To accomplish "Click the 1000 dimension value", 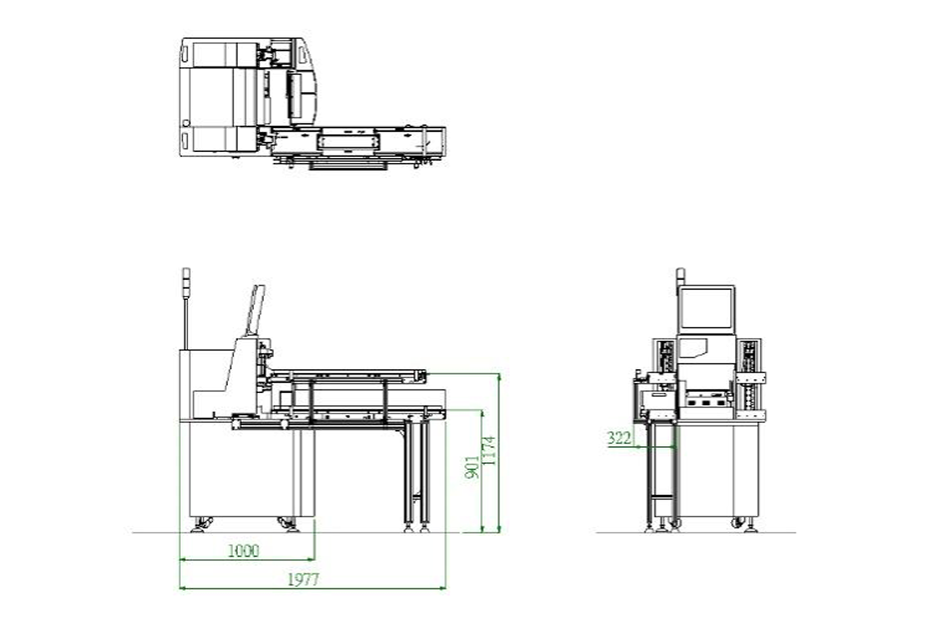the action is (x=244, y=551).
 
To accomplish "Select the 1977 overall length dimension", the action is (x=303, y=580).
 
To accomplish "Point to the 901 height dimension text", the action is (x=473, y=467).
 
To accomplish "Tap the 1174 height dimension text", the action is (x=489, y=451).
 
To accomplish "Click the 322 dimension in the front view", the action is (x=619, y=438).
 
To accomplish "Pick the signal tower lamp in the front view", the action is (x=680, y=276).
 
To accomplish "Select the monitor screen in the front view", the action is (x=705, y=308).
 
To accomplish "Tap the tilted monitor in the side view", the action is (x=255, y=310).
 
